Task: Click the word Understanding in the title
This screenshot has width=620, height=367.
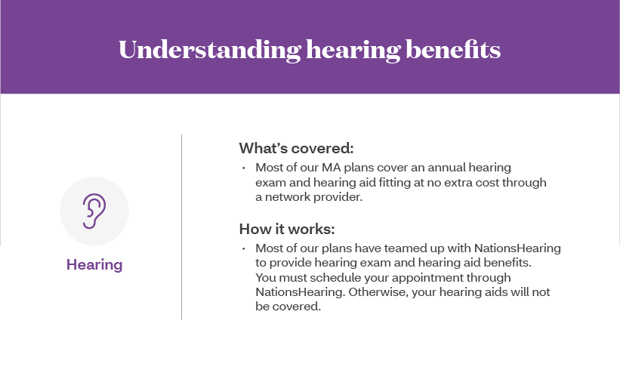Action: (210, 51)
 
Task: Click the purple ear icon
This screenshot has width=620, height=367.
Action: (94, 211)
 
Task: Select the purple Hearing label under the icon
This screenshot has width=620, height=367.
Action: (94, 265)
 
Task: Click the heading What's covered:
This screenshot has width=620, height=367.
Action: (296, 148)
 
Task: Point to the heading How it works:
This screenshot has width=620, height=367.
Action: (287, 229)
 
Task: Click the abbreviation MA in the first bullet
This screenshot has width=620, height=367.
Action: (331, 168)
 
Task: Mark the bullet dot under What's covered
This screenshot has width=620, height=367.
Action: (244, 168)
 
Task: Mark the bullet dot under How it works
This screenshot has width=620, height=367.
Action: (244, 248)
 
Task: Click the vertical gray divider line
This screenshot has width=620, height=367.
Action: (182, 227)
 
